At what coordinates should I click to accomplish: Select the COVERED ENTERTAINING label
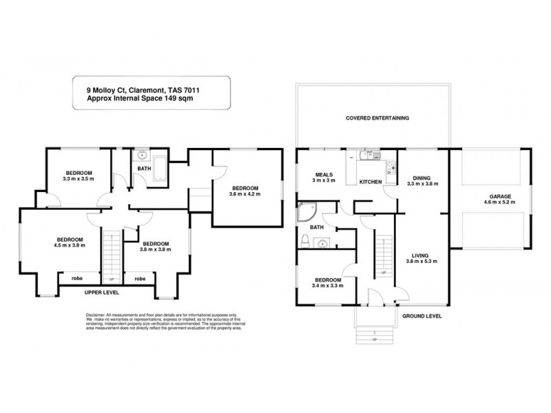tap(377, 118)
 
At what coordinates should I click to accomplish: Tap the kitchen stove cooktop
tap(391, 166)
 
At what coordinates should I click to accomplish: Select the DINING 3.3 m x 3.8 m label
tap(422, 180)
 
